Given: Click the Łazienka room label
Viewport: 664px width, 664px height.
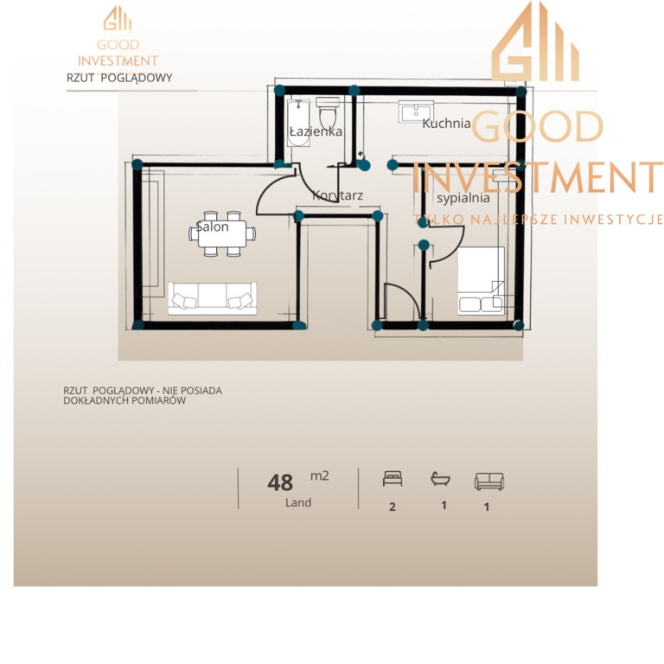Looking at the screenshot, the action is (x=316, y=131).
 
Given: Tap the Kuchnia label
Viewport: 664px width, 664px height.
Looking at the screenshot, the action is (x=446, y=124).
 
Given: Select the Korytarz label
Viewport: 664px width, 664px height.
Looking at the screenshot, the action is (x=337, y=195).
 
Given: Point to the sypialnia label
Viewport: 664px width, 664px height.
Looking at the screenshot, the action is (x=463, y=198).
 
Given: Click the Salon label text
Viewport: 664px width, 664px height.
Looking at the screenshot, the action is (x=212, y=227).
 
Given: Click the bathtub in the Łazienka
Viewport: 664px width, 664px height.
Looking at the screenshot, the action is (x=298, y=123).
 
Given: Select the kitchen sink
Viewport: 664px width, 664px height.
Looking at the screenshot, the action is (x=416, y=112).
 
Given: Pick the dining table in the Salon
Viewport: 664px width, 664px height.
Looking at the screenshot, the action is (x=222, y=233).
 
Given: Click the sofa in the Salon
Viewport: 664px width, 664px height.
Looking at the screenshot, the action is (x=212, y=297).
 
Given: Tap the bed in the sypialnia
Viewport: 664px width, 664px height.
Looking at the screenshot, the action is (x=481, y=281).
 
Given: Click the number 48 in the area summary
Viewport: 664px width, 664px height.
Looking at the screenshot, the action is (x=280, y=482).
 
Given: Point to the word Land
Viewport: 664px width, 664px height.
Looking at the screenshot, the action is (x=298, y=502).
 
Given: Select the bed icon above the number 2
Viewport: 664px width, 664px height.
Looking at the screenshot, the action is (x=393, y=479).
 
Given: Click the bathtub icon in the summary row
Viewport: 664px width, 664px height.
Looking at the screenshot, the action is (x=440, y=479).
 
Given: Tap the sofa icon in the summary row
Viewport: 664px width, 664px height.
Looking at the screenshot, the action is (x=489, y=482).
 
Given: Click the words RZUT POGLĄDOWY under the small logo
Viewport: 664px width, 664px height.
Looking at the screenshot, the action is (x=119, y=78).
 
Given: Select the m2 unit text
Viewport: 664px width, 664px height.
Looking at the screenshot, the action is (x=320, y=476).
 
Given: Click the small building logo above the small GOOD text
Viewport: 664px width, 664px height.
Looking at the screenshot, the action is (x=118, y=18).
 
